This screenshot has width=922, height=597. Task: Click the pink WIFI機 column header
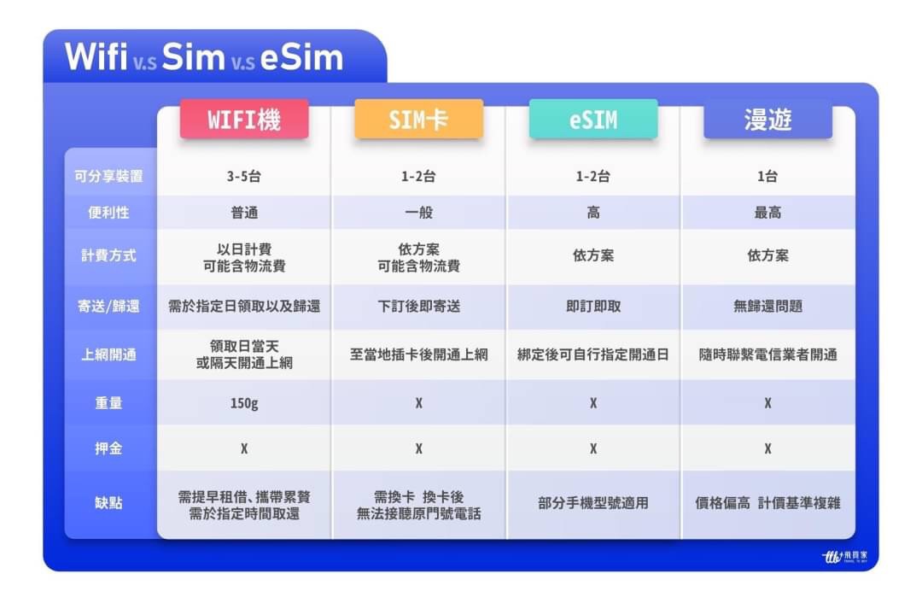coord(244,120)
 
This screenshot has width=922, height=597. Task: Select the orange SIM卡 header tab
coord(418,120)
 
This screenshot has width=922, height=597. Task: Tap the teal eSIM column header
coord(593,120)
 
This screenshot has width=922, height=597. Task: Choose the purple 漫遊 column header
coord(768,120)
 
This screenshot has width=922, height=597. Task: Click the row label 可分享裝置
coord(108,176)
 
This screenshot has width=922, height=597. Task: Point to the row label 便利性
coord(108,213)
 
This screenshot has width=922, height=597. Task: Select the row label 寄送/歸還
coord(108,306)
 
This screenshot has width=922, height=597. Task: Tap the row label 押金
coord(108,448)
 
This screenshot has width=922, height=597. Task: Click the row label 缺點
coord(108,503)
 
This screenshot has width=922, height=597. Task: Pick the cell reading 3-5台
coord(244,176)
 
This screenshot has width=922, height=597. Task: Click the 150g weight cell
coord(244,403)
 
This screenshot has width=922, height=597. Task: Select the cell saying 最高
coord(768,213)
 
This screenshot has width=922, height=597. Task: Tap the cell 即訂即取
coord(593,306)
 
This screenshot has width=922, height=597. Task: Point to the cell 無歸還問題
coord(768,306)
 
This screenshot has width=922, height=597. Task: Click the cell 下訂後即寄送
coord(418,306)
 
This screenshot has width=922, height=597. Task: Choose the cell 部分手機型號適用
coord(593,503)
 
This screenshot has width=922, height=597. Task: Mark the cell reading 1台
coord(768,176)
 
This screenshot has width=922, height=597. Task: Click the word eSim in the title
coord(301,57)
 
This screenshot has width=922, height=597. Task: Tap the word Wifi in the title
coord(96,57)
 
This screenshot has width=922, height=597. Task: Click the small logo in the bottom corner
coord(844,556)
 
